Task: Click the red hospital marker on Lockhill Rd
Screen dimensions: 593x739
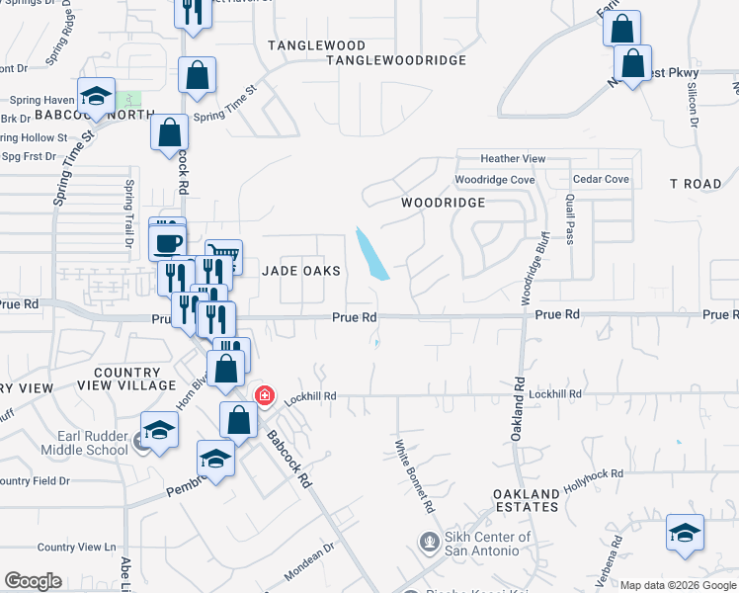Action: [265, 395]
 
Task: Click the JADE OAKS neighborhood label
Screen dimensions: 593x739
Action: [301, 271]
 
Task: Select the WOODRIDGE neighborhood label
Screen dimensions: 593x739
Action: [443, 203]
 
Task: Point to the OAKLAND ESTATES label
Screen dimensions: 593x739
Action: [527, 500]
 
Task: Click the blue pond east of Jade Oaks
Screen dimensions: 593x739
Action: [371, 253]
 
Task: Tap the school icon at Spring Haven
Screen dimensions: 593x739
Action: [96, 97]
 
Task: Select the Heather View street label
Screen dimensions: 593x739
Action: [513, 159]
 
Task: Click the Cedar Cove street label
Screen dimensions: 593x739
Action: [601, 180]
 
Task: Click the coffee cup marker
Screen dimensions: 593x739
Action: [167, 241]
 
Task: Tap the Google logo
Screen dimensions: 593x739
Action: [34, 581]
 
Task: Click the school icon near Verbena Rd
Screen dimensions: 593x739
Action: [685, 534]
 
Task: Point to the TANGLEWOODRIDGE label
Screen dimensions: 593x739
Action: [396, 60]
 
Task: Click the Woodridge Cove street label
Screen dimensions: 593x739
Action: [494, 180]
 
